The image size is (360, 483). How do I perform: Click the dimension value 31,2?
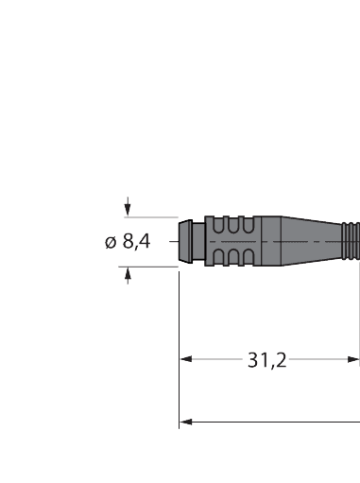pyautogui.click(x=267, y=360)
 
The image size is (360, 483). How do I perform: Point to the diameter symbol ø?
pyautogui.click(x=110, y=243)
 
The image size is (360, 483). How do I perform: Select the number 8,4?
pyautogui.click(x=135, y=243)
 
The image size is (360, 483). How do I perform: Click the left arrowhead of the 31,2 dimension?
pyautogui.click(x=186, y=359)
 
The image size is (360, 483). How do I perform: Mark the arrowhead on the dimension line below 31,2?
pyautogui.click(x=186, y=422)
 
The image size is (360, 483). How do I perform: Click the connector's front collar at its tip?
pyautogui.click(x=186, y=242)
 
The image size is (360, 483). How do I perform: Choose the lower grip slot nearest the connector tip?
pyautogui.click(x=219, y=257)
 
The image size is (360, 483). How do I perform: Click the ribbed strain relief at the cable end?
pyautogui.click(x=351, y=242)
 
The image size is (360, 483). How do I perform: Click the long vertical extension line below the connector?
pyautogui.click(x=180, y=378)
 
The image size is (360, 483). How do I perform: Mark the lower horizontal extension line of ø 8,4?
pyautogui.click(x=151, y=267)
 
